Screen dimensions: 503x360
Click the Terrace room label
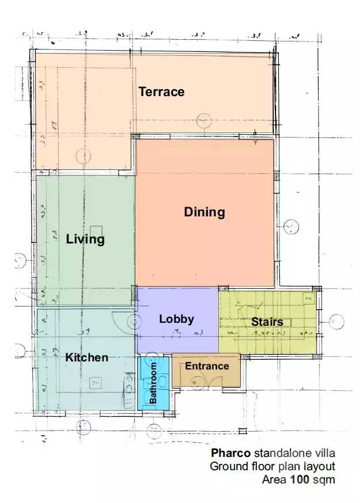point(161,92)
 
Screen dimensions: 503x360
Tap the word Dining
point(204,212)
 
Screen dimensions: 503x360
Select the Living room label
point(85,239)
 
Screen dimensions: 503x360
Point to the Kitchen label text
point(86,357)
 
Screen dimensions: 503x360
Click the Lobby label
point(177,319)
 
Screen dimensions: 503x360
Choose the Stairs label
point(267,322)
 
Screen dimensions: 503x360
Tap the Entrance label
point(207,366)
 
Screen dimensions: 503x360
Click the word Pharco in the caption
point(230,452)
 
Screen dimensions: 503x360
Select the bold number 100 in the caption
point(299,479)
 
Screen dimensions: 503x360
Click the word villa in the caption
point(323,452)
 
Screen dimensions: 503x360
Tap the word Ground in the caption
point(226,466)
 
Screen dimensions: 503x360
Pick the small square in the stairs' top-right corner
point(309,299)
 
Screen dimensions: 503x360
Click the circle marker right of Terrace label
point(204,121)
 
